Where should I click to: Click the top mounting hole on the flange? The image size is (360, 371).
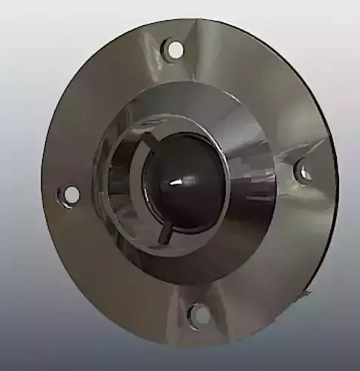tap(174, 50)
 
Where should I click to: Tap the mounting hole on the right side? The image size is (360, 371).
tap(304, 171)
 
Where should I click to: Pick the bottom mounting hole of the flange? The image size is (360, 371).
tap(199, 315)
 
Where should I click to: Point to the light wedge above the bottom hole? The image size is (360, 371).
tap(186, 293)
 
